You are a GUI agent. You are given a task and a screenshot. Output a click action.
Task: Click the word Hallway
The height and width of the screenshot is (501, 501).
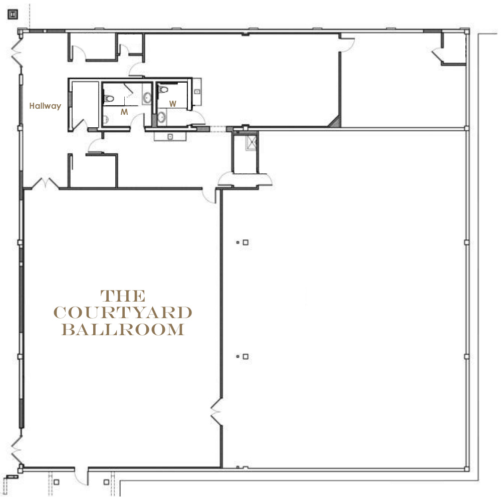(x=45, y=106)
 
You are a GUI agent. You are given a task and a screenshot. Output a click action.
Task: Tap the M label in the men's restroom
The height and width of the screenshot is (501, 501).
(x=124, y=112)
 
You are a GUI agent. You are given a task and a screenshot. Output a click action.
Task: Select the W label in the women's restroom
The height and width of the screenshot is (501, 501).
(x=173, y=104)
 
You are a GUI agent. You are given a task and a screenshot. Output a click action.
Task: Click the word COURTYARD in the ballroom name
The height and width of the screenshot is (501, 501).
(x=123, y=313)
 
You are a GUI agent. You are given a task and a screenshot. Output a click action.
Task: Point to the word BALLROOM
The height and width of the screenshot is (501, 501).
(x=123, y=330)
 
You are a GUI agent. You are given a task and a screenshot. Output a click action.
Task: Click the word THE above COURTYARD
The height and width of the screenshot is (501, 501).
(x=123, y=296)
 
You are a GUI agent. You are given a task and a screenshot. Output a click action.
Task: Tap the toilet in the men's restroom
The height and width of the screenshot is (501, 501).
(x=109, y=98)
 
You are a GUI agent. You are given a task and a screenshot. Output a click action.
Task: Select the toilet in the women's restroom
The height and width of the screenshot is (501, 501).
(x=163, y=89)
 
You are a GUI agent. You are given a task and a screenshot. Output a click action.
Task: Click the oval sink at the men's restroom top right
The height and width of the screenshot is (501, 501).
(x=147, y=98)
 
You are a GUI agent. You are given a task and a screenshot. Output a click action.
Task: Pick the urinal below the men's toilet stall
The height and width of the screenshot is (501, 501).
(x=105, y=120)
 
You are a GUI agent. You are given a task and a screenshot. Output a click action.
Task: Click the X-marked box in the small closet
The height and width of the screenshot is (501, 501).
(x=251, y=142)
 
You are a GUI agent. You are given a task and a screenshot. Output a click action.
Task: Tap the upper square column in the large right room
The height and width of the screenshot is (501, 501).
(x=245, y=242)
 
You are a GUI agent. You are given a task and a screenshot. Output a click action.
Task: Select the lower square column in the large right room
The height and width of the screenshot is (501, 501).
(x=245, y=357)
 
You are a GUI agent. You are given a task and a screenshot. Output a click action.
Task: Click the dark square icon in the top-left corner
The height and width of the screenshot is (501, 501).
(x=13, y=15)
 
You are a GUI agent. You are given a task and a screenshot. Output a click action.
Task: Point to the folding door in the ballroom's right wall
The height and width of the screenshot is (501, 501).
(x=216, y=411)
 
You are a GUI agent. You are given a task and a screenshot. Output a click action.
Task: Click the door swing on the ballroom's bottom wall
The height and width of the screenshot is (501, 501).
(x=81, y=477)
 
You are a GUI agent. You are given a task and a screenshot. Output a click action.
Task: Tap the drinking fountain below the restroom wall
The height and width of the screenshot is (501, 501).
(x=170, y=136)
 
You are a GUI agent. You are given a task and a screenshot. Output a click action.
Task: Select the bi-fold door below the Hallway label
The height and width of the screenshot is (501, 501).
(x=45, y=183)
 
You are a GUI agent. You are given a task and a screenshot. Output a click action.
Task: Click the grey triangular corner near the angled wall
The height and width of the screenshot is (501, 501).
(x=336, y=122)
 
